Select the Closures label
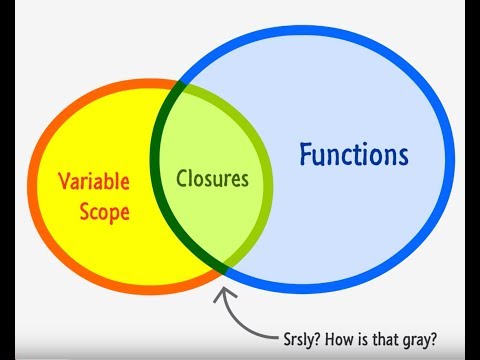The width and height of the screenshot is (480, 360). pos(212,181)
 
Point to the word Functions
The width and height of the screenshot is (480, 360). pos(354,155)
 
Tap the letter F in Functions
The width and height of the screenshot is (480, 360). pos(306,155)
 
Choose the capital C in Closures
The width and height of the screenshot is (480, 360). pos(182,181)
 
